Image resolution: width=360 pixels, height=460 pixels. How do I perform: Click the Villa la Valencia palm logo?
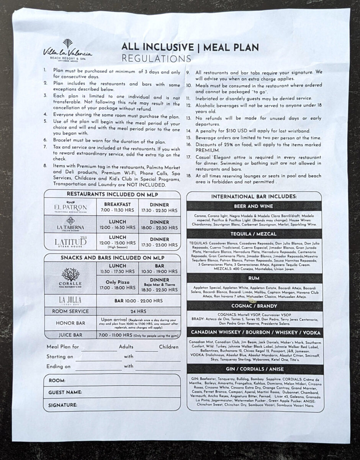pyautogui.click(x=67, y=44)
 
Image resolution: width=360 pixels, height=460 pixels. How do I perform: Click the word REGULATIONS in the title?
pyautogui.click(x=156, y=58)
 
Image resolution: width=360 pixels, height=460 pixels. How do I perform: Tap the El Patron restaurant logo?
pyautogui.click(x=70, y=208)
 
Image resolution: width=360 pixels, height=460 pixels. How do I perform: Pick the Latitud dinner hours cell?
pyautogui.click(x=159, y=242)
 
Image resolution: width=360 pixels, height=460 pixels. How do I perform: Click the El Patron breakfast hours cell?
pyautogui.click(x=118, y=207)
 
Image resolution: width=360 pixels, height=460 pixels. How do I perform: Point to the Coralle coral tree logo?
pyautogui.click(x=70, y=275)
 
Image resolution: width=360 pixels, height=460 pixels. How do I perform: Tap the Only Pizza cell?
pyautogui.click(x=118, y=285)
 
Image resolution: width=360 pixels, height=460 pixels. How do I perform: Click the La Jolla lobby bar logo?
pyautogui.click(x=70, y=300)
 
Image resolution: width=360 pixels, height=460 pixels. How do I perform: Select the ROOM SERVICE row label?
pyautogui.click(x=70, y=311)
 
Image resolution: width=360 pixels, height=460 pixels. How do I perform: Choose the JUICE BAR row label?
pyautogui.click(x=70, y=335)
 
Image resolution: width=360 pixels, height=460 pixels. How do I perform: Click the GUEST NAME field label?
pyautogui.click(x=65, y=393)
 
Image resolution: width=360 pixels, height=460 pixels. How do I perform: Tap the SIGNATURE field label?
pyautogui.click(x=63, y=405)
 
